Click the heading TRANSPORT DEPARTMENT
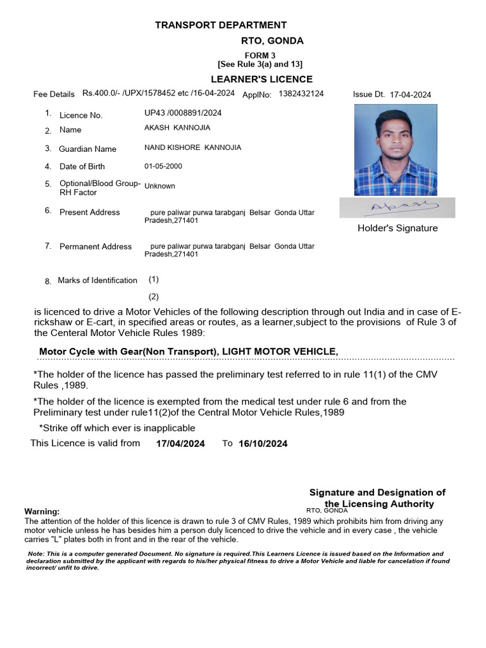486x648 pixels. [221, 25]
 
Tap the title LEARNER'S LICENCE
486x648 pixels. [261, 79]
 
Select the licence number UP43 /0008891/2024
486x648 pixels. [183, 113]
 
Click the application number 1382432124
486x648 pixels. [301, 94]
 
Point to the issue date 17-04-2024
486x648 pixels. [410, 94]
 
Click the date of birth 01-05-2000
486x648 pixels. [163, 166]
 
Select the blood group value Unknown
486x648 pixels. [159, 186]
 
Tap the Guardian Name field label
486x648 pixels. [87, 149]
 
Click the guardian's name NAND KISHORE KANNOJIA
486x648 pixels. [192, 147]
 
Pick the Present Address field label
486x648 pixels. [89, 213]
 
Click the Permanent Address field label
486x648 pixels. [96, 247]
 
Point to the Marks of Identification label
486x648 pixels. [97, 280]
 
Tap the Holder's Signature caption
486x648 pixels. [397, 228]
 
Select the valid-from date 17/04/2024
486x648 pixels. [180, 444]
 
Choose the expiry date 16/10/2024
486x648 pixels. [263, 444]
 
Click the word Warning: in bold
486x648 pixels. [42, 511]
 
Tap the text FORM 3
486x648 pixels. [260, 55]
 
